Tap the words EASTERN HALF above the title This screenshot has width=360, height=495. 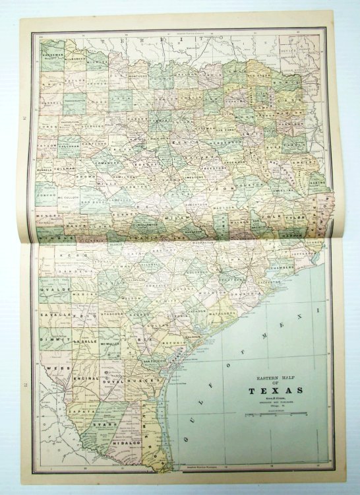[276, 378]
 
